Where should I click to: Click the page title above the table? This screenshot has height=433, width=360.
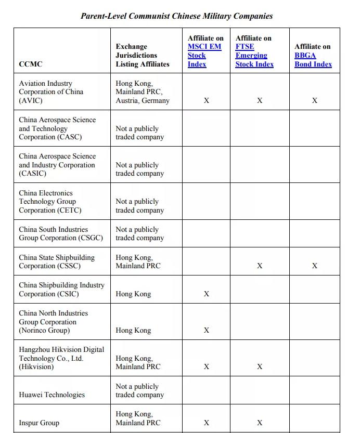[176, 16]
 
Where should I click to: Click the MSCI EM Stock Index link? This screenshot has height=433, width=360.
[204, 55]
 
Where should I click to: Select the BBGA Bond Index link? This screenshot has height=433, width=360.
[313, 60]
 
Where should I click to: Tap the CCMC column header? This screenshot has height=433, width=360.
[31, 64]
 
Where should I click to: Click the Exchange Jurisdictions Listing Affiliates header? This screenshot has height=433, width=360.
[142, 55]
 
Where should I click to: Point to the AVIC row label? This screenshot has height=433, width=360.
[50, 92]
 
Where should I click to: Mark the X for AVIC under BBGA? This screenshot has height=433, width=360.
[314, 101]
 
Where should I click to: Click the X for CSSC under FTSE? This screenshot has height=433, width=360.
[260, 266]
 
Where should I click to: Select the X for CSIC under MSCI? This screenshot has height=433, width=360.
[207, 294]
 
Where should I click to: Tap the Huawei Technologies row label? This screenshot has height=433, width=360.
[52, 395]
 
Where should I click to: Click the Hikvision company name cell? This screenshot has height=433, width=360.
[61, 358]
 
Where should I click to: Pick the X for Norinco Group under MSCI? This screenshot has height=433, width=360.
[207, 331]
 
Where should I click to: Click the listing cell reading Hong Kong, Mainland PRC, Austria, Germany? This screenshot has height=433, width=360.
[142, 92]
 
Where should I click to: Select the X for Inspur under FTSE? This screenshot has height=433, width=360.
[260, 423]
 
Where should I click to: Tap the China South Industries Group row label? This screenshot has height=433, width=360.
[60, 233]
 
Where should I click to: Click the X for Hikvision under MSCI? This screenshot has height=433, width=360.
[207, 367]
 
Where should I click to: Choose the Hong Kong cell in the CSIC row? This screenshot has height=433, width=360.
[133, 294]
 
